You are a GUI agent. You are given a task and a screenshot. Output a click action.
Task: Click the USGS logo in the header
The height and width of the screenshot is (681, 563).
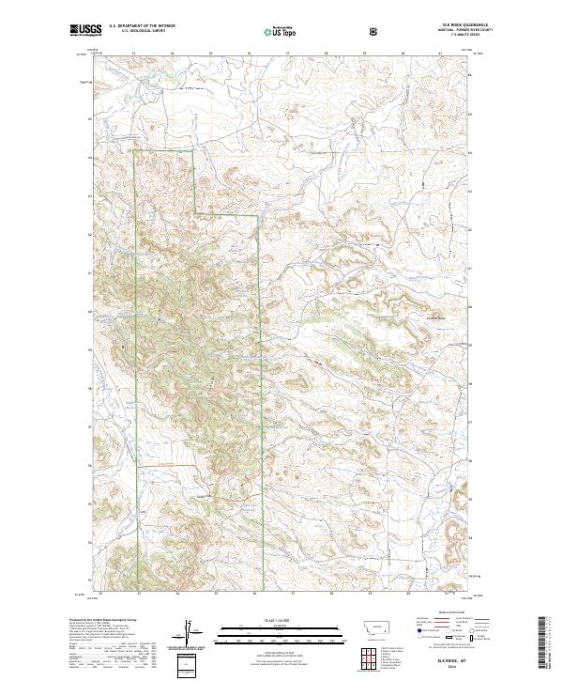coord(86,30)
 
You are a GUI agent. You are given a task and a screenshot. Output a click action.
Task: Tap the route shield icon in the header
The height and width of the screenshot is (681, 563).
coord(375,30)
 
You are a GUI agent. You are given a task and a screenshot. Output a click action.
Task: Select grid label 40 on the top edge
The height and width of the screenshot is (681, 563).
coord(403,53)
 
